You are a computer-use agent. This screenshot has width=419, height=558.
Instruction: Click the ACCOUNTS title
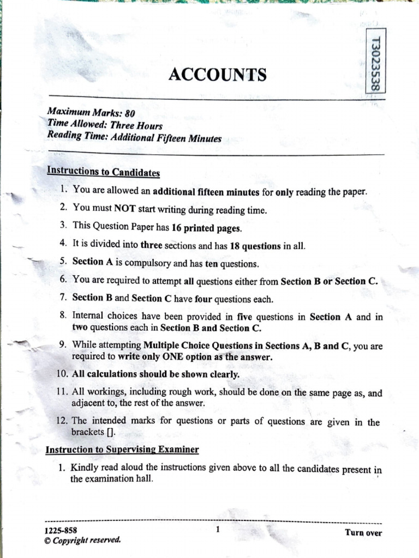click(x=217, y=75)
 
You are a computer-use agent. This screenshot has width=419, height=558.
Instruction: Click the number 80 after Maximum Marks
click(x=129, y=114)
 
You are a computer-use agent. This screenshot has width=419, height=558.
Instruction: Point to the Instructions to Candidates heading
click(x=104, y=172)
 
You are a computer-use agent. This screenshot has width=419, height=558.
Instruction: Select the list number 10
click(x=62, y=375)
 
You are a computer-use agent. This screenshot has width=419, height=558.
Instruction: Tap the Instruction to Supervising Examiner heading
click(x=122, y=450)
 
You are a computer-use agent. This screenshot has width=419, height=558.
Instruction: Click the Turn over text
click(x=363, y=533)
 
